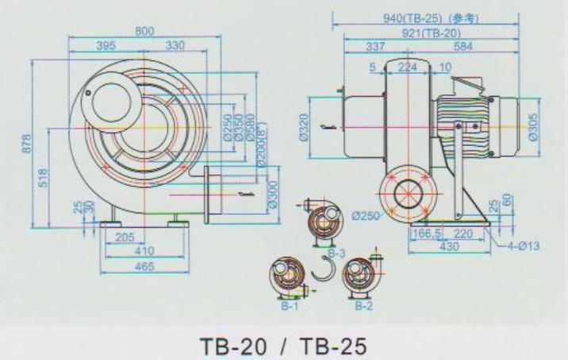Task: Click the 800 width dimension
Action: [x=144, y=31]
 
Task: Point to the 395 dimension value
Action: [x=106, y=47]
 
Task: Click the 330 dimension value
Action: [x=174, y=47]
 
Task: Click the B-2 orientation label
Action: [x=363, y=304]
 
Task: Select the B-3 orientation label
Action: [x=336, y=252]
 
